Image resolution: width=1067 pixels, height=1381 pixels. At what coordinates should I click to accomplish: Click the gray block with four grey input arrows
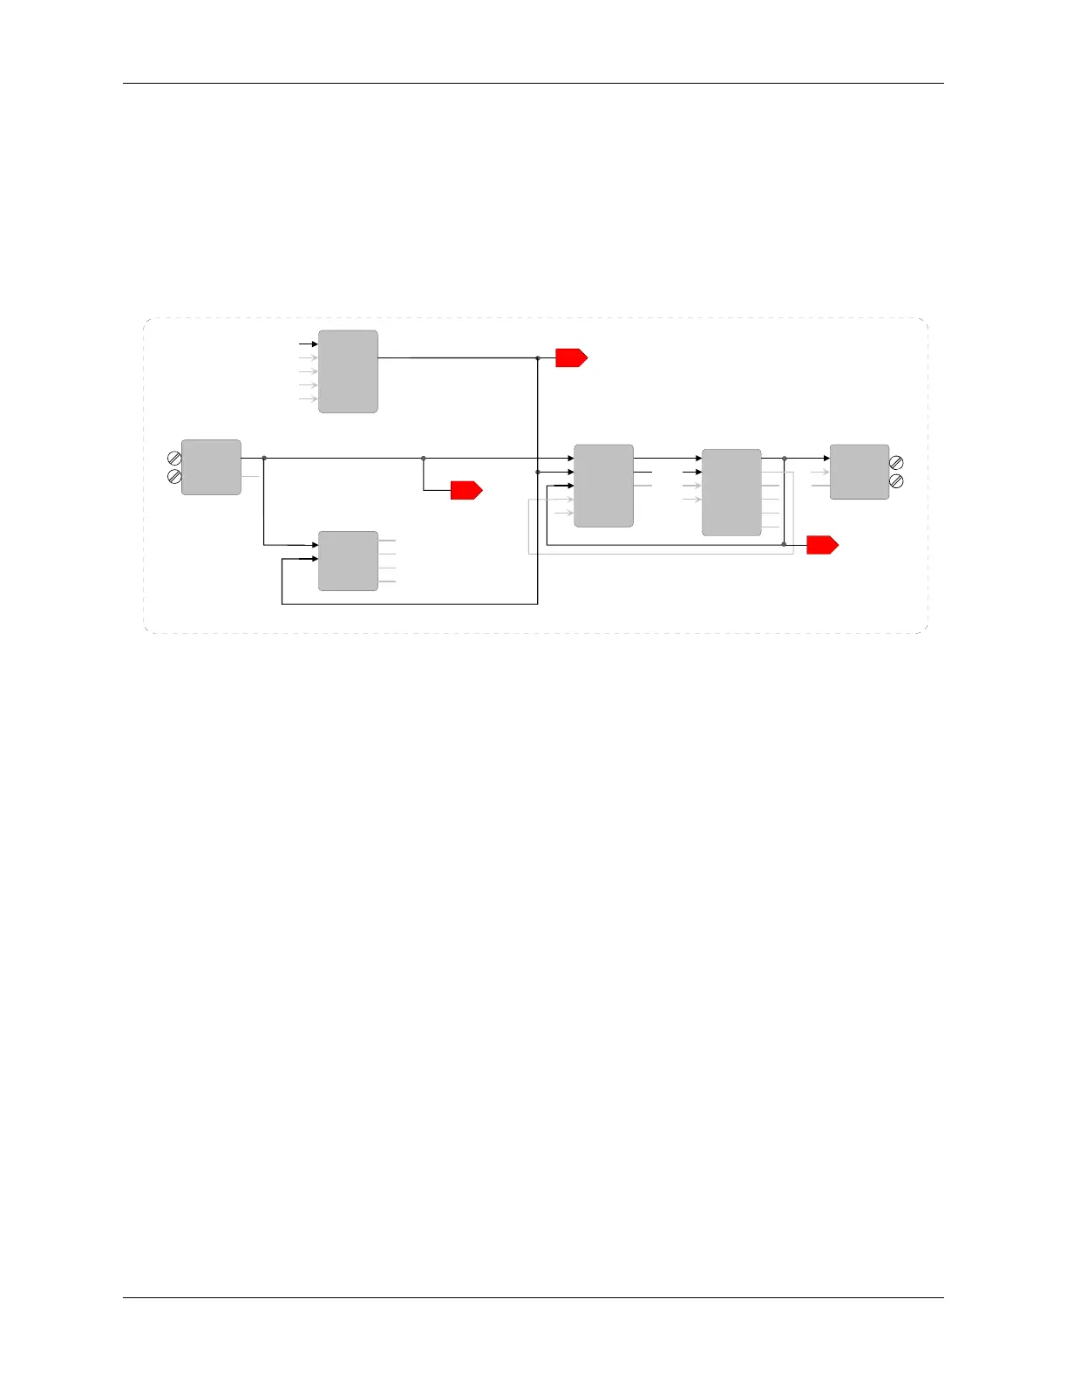tap(348, 371)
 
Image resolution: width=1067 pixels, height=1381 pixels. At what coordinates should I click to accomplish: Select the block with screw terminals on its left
tap(211, 467)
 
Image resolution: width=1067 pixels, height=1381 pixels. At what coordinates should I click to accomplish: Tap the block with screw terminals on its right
tap(860, 472)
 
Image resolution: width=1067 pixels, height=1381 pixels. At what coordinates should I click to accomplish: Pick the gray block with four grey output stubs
tap(348, 561)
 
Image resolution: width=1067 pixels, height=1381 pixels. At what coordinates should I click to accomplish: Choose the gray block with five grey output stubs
tap(731, 493)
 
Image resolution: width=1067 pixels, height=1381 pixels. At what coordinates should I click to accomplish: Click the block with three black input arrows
tap(603, 486)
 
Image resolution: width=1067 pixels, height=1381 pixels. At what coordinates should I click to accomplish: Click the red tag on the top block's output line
tap(571, 357)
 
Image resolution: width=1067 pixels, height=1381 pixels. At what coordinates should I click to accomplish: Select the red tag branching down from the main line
tap(466, 490)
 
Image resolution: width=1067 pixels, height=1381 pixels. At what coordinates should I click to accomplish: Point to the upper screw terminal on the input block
tap(174, 458)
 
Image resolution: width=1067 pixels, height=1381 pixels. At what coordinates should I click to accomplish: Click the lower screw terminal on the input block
tap(174, 476)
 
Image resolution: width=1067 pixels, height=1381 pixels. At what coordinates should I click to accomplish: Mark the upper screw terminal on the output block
tap(896, 463)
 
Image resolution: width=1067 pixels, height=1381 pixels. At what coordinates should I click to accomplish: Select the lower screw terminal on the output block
tap(896, 481)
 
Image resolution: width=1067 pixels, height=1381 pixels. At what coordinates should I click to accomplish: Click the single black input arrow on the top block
tap(313, 344)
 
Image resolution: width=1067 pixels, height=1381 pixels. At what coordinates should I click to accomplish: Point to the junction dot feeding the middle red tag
tap(424, 458)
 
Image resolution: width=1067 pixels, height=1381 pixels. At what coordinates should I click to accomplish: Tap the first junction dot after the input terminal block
tap(264, 458)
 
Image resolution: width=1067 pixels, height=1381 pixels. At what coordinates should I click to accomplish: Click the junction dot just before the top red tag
tap(538, 357)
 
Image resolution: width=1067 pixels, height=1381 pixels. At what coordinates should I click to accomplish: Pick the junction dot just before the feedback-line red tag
tap(784, 545)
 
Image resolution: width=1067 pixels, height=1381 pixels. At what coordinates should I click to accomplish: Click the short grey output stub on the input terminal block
tap(250, 476)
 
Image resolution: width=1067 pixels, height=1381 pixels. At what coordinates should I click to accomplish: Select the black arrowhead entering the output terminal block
tap(826, 458)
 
